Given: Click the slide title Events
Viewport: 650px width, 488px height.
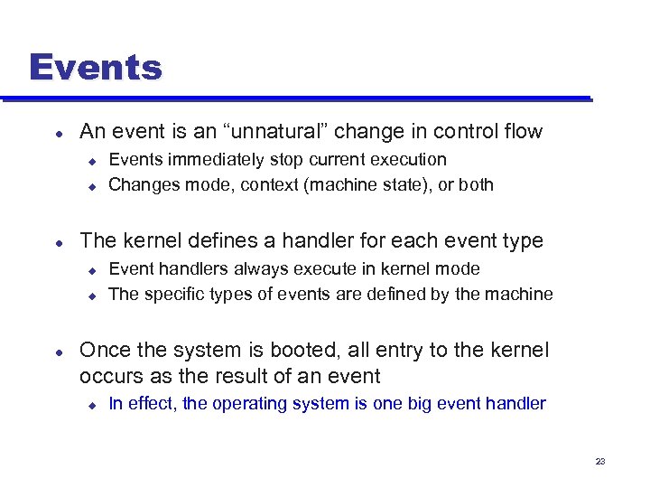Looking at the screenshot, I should [x=95, y=68].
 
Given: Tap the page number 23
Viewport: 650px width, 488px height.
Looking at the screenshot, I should [x=600, y=462].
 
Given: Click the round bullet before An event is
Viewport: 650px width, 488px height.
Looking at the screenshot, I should [x=59, y=133].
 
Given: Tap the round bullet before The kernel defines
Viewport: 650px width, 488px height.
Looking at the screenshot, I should [x=59, y=241].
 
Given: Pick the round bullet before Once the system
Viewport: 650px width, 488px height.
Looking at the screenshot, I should [x=59, y=351].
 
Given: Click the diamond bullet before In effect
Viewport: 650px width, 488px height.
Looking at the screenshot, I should [x=91, y=404].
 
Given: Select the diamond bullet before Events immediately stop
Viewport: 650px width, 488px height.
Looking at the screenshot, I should [x=91, y=160].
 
